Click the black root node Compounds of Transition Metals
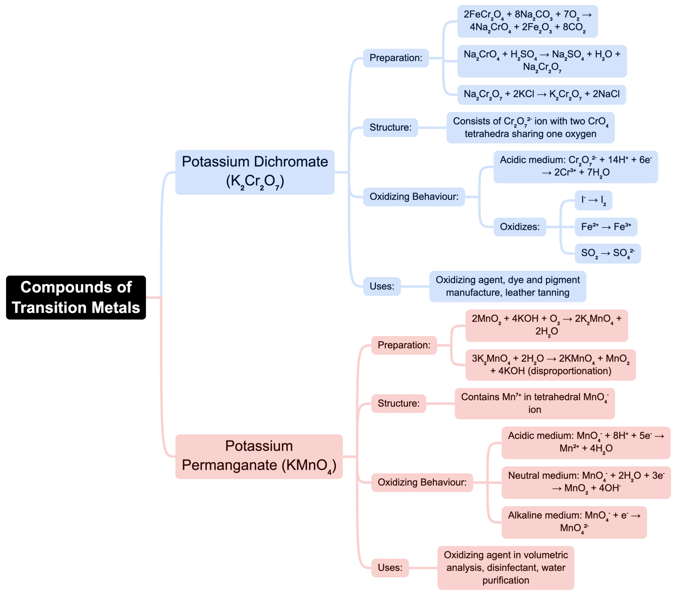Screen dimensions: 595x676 click(76, 297)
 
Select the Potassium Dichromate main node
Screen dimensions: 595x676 click(255, 172)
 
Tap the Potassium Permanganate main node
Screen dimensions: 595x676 click(259, 456)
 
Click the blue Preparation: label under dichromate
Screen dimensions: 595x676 click(396, 58)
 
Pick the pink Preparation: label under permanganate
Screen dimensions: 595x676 click(404, 345)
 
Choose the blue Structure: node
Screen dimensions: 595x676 click(390, 128)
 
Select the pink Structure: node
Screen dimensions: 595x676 click(398, 403)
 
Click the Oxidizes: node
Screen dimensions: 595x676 click(519, 227)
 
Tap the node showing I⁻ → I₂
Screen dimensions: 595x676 click(593, 200)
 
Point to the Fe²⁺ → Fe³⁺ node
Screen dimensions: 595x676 click(606, 227)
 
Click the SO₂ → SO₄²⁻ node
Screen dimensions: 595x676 click(607, 254)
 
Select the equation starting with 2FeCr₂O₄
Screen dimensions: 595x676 click(527, 21)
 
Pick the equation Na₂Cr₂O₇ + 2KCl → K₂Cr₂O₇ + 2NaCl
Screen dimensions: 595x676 click(541, 94)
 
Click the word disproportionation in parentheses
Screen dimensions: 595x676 click(569, 371)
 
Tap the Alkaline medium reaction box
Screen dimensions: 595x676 click(574, 522)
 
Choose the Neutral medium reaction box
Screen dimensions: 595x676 click(586, 482)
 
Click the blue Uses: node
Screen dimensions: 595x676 click(381, 286)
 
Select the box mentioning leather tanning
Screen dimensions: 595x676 click(507, 286)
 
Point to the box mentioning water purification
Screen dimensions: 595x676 click(505, 568)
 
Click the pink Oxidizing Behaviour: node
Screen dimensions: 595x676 click(422, 482)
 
